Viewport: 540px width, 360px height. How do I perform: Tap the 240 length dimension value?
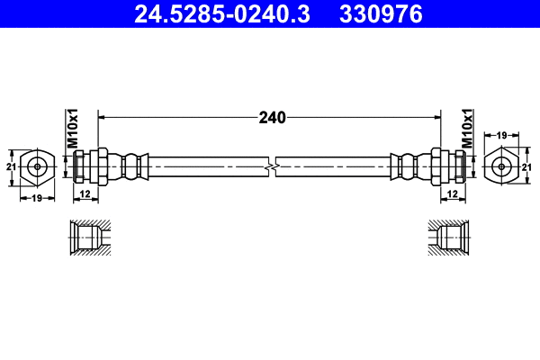coord(271,117)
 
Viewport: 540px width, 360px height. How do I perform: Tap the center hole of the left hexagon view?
coord(37,166)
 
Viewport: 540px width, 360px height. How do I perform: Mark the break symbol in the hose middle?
coord(271,166)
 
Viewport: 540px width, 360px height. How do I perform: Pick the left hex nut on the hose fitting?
coord(102,166)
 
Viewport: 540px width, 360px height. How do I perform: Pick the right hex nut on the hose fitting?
coord(438,166)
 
